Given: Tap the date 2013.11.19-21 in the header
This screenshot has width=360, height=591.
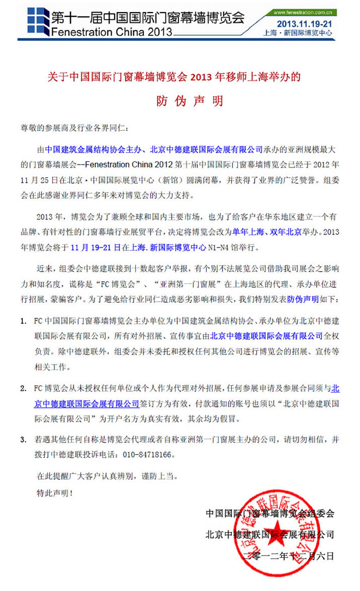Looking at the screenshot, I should (305, 23).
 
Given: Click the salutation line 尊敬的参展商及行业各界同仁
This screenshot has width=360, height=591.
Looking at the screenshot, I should (73, 129).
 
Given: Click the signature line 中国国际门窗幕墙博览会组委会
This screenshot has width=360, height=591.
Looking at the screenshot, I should (270, 513).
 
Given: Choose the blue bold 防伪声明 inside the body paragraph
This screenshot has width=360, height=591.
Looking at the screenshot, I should (305, 300).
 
